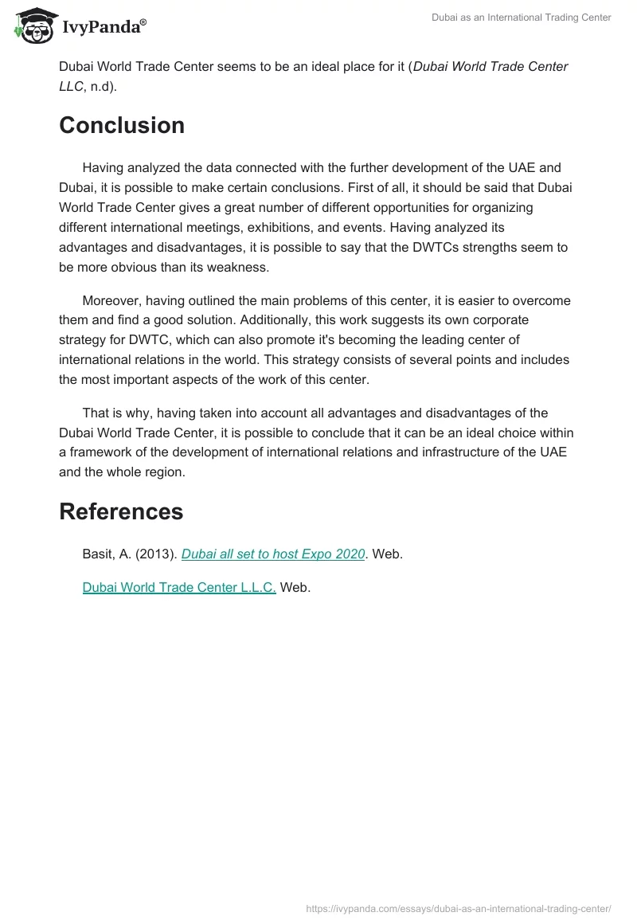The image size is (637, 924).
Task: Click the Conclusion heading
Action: [x=122, y=125]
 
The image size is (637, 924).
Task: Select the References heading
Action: [x=121, y=511]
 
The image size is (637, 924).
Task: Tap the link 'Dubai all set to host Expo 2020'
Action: [x=273, y=554]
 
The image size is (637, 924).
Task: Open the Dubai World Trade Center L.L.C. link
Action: [x=179, y=588]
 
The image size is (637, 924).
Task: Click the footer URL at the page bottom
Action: [x=459, y=908]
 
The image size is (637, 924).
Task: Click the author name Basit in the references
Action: [x=98, y=554]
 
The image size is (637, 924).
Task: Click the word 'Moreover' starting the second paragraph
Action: [x=113, y=301]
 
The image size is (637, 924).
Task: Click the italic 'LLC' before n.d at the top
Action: [x=71, y=86]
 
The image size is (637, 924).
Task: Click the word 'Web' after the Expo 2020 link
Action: [x=387, y=554]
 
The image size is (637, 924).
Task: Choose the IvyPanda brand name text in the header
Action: [x=103, y=27]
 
